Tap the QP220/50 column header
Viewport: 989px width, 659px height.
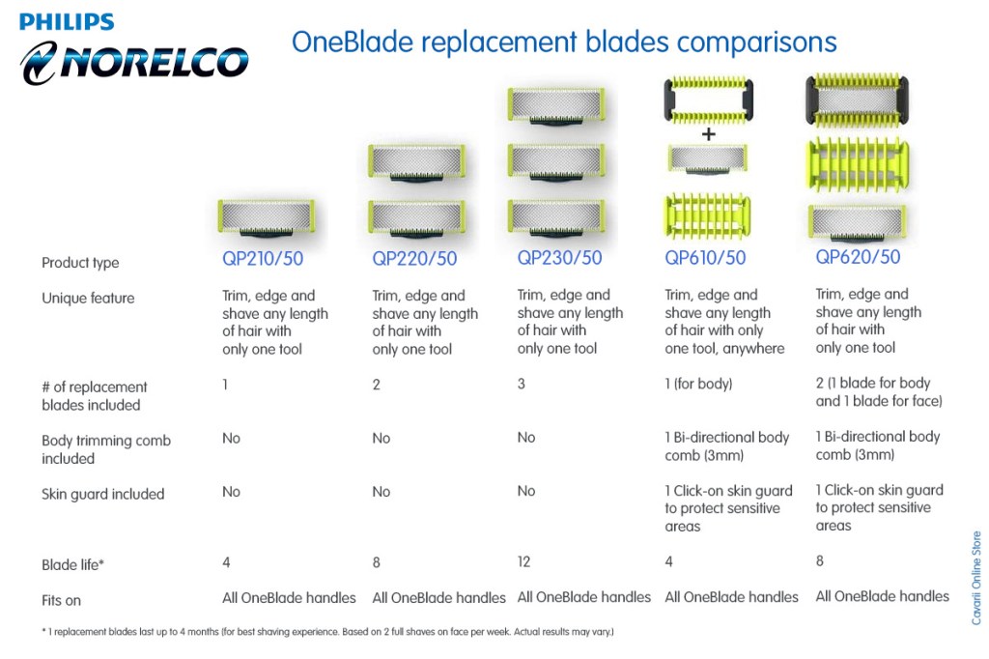(x=414, y=259)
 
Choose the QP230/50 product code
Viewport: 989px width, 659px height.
(x=559, y=258)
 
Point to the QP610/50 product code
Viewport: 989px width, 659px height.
(x=705, y=258)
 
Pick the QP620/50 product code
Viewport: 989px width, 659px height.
(x=858, y=257)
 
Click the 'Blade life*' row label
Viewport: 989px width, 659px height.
(x=72, y=565)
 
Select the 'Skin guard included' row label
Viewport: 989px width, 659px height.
(x=103, y=494)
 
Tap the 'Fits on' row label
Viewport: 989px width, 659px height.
(x=61, y=600)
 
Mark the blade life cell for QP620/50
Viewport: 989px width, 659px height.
(x=820, y=560)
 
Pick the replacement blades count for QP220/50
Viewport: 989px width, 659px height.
(x=377, y=385)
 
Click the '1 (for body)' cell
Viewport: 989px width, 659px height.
(x=698, y=384)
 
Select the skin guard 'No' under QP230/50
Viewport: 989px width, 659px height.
(x=525, y=491)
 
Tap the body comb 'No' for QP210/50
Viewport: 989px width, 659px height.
(x=231, y=438)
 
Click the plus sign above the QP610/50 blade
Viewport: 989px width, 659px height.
(x=708, y=134)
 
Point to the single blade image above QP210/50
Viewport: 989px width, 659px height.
(x=266, y=217)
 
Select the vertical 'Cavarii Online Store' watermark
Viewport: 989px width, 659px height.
(x=975, y=577)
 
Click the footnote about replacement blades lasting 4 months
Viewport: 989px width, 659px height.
(x=327, y=632)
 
